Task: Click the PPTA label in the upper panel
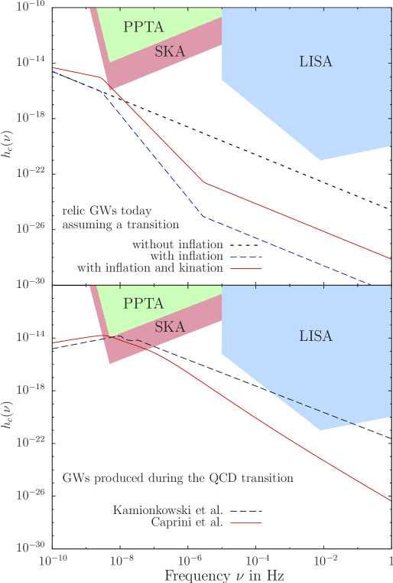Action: point(143,27)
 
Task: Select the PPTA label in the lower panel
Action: point(143,303)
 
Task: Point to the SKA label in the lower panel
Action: point(169,327)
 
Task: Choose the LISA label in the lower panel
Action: point(316,336)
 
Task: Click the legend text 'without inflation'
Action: point(177,244)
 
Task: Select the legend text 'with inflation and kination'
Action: point(150,268)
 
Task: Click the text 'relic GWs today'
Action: point(107,210)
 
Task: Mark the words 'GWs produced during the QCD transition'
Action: point(177,478)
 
